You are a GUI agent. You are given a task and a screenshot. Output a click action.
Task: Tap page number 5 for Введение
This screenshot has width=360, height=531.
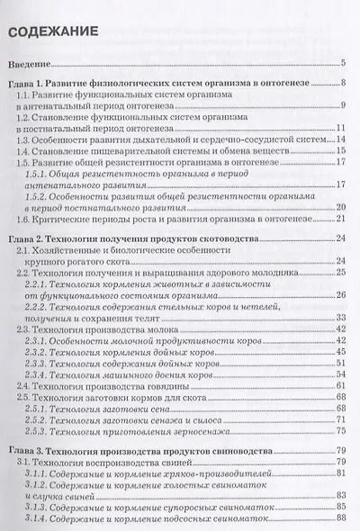click(x=344, y=66)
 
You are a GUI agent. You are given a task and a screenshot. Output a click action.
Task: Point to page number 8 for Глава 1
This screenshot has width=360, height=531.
click(x=344, y=84)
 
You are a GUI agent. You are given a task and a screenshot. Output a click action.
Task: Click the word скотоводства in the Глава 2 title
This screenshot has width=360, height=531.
click(x=225, y=238)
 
